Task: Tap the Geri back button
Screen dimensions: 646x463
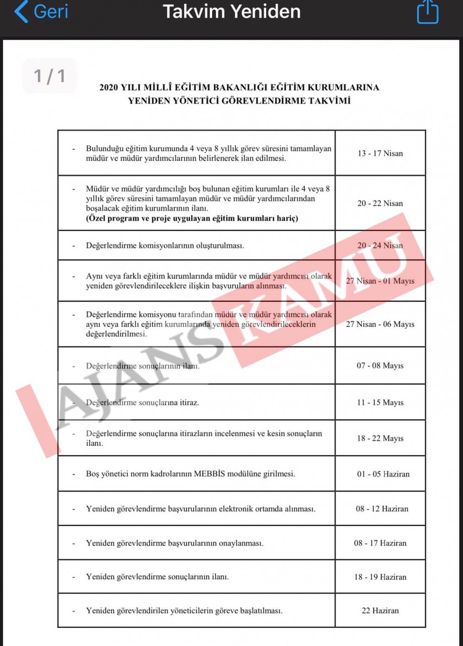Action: (42, 12)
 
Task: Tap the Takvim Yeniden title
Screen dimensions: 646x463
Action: (231, 12)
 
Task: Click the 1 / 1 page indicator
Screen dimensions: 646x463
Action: (50, 76)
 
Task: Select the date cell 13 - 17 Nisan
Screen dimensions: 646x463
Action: (380, 154)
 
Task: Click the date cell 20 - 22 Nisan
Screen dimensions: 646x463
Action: (380, 204)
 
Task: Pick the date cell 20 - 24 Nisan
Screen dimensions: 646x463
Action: (380, 246)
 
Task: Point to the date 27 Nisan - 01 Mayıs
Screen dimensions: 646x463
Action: (380, 281)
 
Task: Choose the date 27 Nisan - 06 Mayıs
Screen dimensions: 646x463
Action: (380, 324)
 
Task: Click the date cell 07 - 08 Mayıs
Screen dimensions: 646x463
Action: (380, 366)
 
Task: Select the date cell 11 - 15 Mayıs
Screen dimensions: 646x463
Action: (380, 403)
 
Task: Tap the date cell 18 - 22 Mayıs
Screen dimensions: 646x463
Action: (380, 438)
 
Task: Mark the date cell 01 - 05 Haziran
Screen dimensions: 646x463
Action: (383, 474)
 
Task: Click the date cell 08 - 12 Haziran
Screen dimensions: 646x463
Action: (382, 509)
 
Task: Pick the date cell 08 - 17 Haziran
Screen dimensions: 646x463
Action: (380, 543)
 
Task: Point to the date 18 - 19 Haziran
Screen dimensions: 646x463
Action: (380, 577)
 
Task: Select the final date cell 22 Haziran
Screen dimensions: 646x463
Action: (380, 611)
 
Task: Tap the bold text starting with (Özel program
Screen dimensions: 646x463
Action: (192, 218)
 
